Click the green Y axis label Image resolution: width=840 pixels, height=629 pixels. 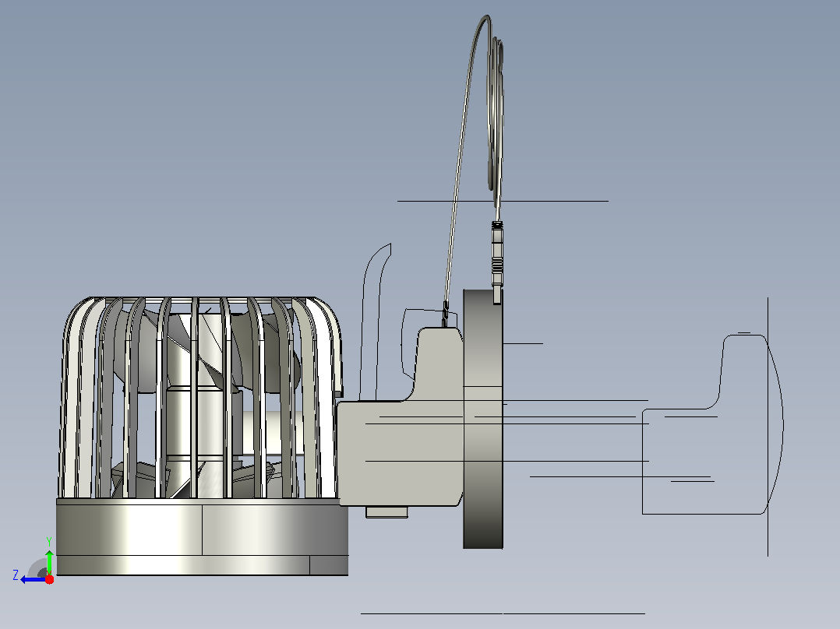pyautogui.click(x=49, y=542)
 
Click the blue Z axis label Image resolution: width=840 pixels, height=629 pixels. pyautogui.click(x=16, y=575)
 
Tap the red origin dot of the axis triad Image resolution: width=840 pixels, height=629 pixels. pyautogui.click(x=49, y=579)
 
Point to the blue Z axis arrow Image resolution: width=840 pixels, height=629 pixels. pyautogui.click(x=33, y=579)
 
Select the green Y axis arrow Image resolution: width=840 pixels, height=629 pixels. pyautogui.click(x=49, y=562)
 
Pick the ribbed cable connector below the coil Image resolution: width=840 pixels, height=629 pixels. pyautogui.click(x=497, y=262)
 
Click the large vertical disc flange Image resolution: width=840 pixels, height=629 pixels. pyautogui.click(x=482, y=419)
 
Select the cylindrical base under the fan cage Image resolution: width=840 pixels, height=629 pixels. pyautogui.click(x=203, y=537)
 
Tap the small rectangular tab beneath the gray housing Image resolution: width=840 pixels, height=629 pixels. pyautogui.click(x=386, y=512)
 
